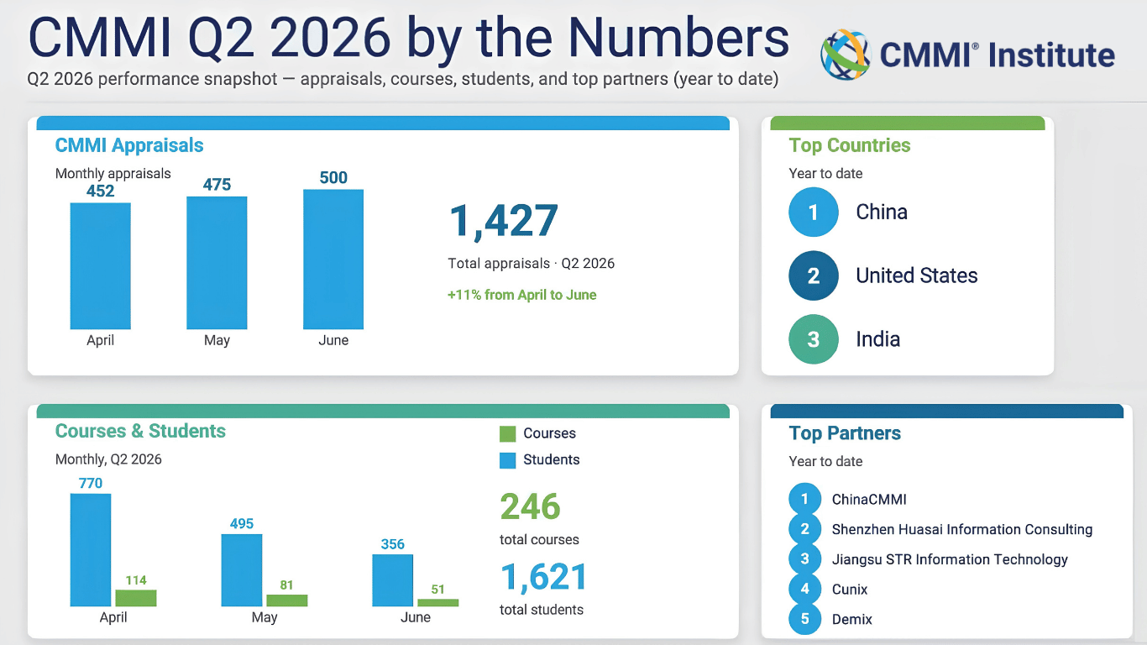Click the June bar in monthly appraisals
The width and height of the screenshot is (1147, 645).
pyautogui.click(x=333, y=260)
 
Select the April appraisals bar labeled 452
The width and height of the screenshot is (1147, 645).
pyautogui.click(x=101, y=266)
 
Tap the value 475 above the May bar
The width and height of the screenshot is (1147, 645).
pyautogui.click(x=217, y=185)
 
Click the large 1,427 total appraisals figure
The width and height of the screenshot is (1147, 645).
pyautogui.click(x=503, y=221)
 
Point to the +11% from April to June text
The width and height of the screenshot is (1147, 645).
pyautogui.click(x=521, y=295)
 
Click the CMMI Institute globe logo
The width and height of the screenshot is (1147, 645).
pyautogui.click(x=846, y=55)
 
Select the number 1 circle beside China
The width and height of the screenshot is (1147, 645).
pyautogui.click(x=813, y=212)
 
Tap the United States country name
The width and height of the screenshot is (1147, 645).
pyautogui.click(x=917, y=275)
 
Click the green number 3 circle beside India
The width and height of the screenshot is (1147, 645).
pyautogui.click(x=813, y=339)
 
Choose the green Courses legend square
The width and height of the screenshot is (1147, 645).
pyautogui.click(x=507, y=434)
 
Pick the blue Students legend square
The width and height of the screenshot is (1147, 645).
pyautogui.click(x=507, y=460)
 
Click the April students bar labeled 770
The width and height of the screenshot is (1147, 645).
pyautogui.click(x=91, y=550)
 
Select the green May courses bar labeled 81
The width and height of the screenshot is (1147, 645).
pyautogui.click(x=287, y=600)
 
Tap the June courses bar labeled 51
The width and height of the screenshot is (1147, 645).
pyautogui.click(x=437, y=602)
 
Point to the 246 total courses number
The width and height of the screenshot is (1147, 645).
pyautogui.click(x=530, y=506)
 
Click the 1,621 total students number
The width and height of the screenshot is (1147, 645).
pyautogui.click(x=543, y=577)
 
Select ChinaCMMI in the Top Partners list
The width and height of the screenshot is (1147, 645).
pyautogui.click(x=869, y=500)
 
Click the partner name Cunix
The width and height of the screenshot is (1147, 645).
pyautogui.click(x=850, y=590)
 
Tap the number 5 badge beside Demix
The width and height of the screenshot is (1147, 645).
pyautogui.click(x=804, y=619)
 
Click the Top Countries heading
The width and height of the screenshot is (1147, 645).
pyautogui.click(x=850, y=145)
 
